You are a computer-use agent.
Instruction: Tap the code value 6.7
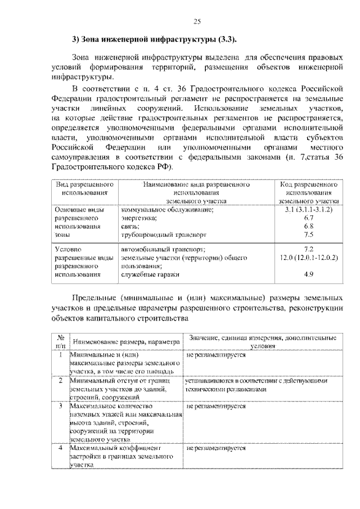308,218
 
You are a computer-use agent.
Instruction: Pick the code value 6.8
308,226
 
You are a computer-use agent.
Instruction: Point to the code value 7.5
308,235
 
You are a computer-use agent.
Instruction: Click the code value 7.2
308,249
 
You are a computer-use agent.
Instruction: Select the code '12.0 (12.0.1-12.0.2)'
308,257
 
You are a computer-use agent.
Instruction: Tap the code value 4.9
308,274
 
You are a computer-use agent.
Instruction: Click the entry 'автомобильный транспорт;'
163,249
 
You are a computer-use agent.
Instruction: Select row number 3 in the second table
60,405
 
